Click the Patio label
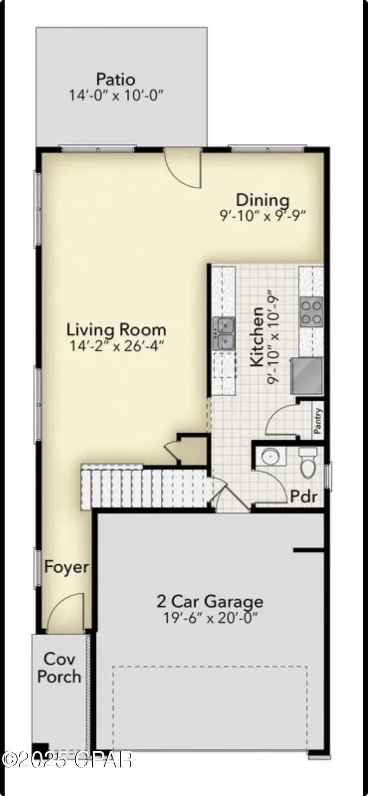[x=116, y=78]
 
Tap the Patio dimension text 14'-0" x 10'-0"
[x=116, y=96]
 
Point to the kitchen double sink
[x=223, y=333]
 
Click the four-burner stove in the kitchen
[x=312, y=312]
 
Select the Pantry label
[x=318, y=422]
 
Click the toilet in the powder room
[x=307, y=463]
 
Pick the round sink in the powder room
[x=270, y=456]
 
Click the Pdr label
[x=303, y=496]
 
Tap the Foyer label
[x=66, y=567]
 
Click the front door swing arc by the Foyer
[x=65, y=613]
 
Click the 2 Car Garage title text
[x=210, y=601]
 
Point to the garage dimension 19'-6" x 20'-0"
[x=210, y=618]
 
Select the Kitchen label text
[x=257, y=336]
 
